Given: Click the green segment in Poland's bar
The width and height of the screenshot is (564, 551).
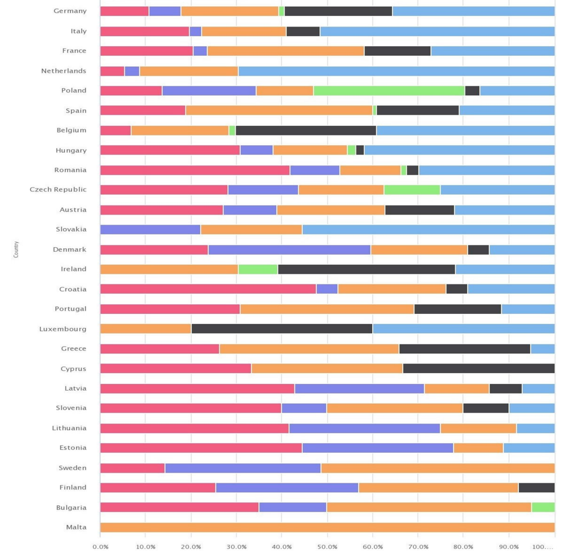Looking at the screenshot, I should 389,91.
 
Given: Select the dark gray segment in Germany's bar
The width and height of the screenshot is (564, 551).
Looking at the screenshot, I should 338,11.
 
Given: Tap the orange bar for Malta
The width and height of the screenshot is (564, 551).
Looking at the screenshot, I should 327,527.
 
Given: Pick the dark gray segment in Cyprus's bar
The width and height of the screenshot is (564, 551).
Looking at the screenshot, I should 479,369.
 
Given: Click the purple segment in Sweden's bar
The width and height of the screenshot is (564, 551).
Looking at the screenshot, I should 243,468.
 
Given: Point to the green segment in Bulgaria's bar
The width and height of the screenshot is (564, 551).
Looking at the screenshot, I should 543,508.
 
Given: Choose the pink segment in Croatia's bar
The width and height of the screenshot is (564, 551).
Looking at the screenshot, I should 208,289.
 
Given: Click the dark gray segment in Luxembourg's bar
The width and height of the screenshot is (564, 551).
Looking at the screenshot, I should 282,329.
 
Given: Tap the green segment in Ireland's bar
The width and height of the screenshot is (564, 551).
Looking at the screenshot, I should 258,269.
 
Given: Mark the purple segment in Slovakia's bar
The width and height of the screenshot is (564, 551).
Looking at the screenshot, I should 150,230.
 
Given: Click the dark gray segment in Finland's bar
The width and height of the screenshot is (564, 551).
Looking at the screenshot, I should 536,488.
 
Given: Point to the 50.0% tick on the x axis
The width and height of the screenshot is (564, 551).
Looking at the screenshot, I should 327,546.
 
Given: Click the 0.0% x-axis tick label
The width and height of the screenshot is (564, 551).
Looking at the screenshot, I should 100,546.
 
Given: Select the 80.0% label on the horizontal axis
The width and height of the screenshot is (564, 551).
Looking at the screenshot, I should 463,546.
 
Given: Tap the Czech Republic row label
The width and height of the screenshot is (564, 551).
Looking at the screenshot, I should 58,190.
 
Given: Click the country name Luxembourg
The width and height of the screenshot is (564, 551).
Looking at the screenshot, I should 63,329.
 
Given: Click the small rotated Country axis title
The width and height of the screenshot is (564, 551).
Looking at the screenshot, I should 16,250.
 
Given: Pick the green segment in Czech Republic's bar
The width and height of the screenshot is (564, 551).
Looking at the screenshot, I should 412,190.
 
